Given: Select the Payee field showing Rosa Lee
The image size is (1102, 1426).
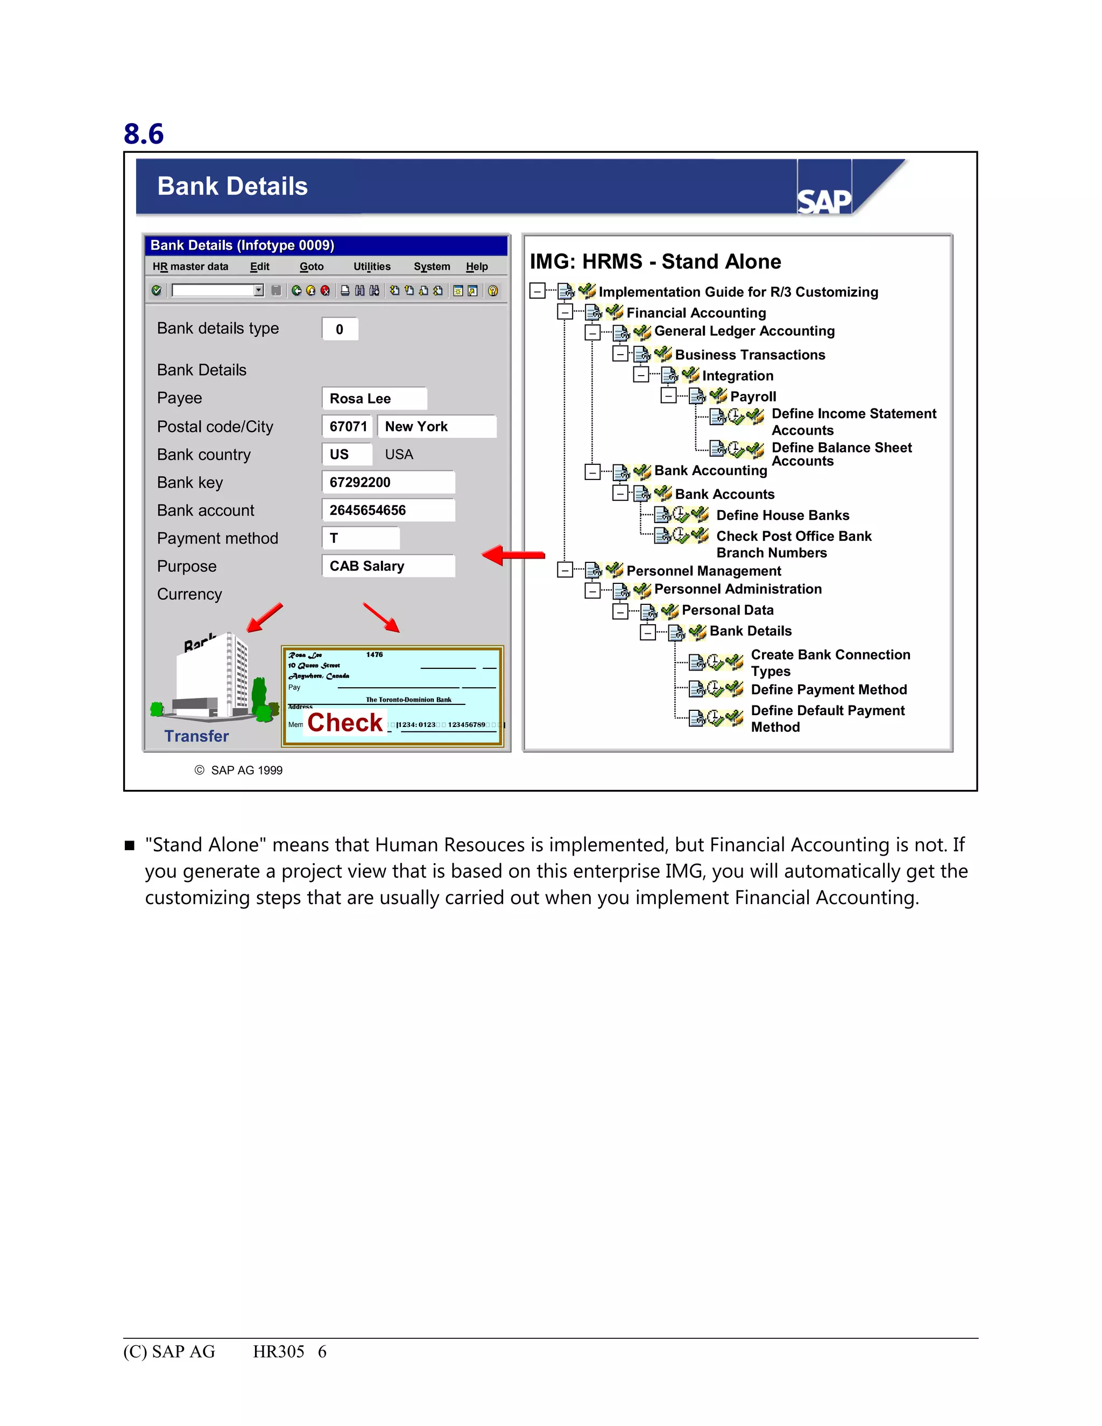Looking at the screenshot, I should click(374, 398).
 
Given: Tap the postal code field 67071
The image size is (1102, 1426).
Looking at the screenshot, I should click(347, 426).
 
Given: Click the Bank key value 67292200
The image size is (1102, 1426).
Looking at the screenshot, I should click(388, 483).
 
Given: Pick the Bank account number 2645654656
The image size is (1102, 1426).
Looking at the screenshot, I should click(388, 510).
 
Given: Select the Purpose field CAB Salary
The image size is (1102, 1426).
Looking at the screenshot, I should click(388, 566).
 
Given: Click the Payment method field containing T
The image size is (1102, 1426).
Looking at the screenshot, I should click(361, 538).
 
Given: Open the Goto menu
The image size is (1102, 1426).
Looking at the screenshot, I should click(312, 266).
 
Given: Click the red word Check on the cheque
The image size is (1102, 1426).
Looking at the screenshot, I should click(345, 722).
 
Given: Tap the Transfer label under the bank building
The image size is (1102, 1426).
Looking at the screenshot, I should click(196, 736).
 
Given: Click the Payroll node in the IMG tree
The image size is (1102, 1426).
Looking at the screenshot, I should click(753, 397).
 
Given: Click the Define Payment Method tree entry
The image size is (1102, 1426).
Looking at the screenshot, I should click(829, 689).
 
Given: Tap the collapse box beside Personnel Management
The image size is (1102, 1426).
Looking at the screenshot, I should click(564, 570).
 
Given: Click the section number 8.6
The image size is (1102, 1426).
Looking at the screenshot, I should click(144, 134).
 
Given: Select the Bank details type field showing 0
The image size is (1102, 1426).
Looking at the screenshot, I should click(340, 329).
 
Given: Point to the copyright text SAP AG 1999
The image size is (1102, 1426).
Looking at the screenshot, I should click(239, 771).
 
